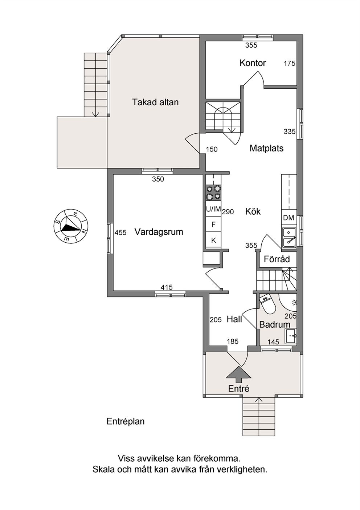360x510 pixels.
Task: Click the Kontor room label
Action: (x=253, y=63)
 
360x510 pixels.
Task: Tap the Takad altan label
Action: (x=155, y=102)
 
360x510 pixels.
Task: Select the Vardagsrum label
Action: (x=159, y=232)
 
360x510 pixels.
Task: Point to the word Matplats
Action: (x=266, y=149)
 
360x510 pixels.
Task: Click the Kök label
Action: (x=253, y=211)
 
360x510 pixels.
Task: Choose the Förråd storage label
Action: (x=277, y=259)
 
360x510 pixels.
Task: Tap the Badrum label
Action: (x=275, y=324)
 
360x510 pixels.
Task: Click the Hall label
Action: (x=234, y=319)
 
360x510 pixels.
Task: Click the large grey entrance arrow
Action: (x=238, y=374)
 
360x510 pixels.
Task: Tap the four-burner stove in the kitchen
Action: (x=213, y=193)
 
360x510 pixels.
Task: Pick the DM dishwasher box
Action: (x=289, y=218)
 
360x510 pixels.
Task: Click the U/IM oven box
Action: (x=213, y=209)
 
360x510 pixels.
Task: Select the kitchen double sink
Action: (x=289, y=238)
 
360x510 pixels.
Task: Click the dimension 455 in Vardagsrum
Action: (x=120, y=232)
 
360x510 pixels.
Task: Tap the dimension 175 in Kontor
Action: (x=290, y=64)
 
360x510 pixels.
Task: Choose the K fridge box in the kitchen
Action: (x=213, y=240)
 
